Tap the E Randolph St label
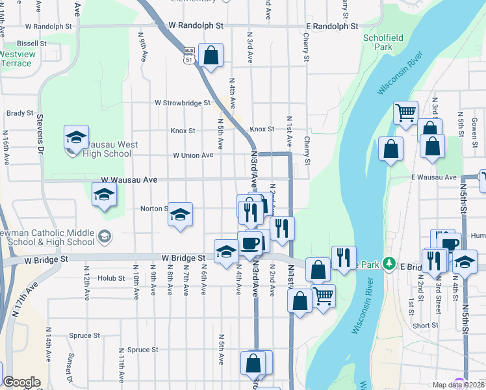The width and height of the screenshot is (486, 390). [332, 27]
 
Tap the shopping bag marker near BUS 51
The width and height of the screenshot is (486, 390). [211, 56]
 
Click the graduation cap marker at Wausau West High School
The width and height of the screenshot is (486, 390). [76, 138]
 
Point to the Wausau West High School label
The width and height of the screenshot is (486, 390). [99, 149]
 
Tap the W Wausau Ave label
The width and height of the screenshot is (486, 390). [129, 179]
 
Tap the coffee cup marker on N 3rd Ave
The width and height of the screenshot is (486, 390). [250, 243]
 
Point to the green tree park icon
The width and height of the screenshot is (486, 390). [389, 264]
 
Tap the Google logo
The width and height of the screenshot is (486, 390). [21, 383]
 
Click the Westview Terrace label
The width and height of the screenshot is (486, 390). [16, 58]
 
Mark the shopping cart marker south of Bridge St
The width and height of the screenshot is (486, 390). [323, 296]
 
